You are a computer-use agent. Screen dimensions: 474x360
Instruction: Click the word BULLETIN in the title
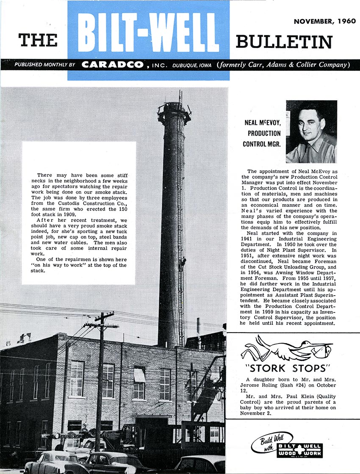pyautogui.click(x=284, y=42)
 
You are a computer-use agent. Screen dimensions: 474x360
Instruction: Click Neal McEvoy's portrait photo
pyautogui.click(x=311, y=131)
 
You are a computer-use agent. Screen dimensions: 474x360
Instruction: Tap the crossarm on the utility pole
pyautogui.click(x=101, y=325)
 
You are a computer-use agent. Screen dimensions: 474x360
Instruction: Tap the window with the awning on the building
pyautogui.click(x=139, y=375)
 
